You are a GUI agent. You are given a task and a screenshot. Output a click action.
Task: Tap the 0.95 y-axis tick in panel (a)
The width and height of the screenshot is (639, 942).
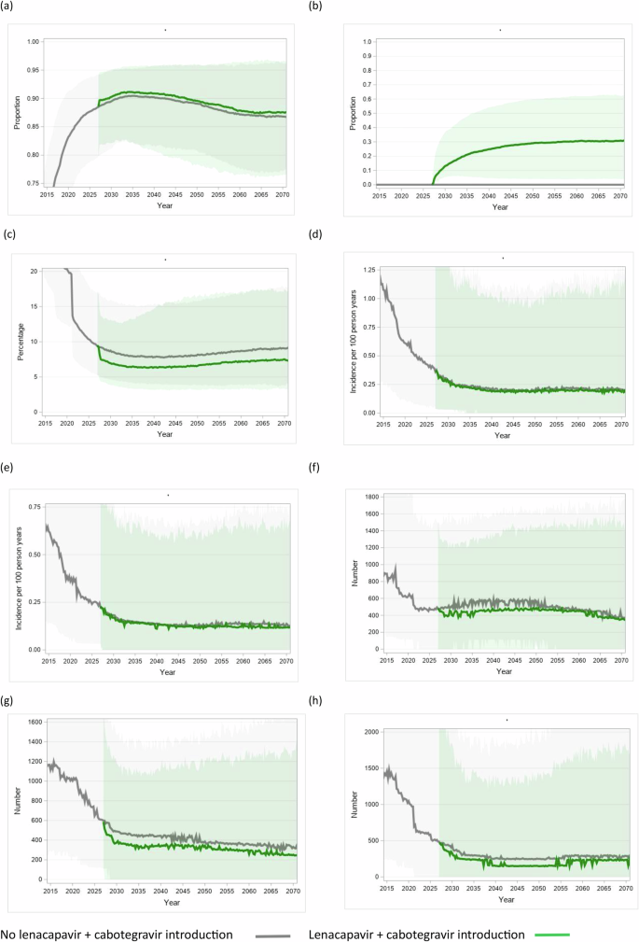click(33, 70)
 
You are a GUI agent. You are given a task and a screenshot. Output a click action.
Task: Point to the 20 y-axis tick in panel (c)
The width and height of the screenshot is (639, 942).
click(34, 271)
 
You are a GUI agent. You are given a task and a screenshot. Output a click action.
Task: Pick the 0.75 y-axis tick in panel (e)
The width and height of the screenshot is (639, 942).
click(31, 506)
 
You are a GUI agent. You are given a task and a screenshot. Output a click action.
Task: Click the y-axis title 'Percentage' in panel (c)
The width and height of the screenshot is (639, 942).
click(17, 341)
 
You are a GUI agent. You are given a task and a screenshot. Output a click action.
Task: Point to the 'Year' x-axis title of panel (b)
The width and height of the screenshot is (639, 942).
click(501, 207)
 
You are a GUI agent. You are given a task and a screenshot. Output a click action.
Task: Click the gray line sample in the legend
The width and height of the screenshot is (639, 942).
click(274, 934)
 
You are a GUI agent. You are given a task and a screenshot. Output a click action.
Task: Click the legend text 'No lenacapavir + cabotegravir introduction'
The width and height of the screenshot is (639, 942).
click(120, 934)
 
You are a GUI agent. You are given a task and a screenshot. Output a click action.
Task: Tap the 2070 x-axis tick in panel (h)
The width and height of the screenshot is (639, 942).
click(625, 889)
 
